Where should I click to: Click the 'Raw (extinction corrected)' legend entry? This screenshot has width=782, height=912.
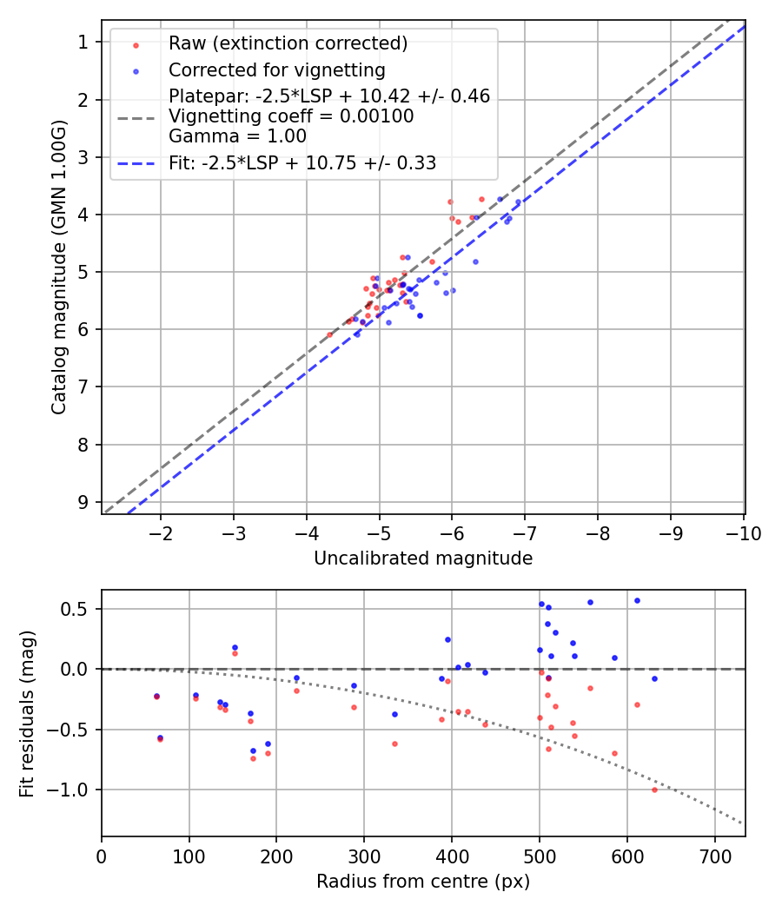pos(288,43)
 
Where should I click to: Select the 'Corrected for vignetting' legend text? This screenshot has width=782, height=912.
pos(276,69)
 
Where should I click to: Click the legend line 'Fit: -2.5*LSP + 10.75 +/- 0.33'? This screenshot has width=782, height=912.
pos(302,162)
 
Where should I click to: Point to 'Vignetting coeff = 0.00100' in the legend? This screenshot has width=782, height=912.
pos(291,116)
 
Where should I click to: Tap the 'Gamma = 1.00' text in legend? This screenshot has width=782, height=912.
pos(237,135)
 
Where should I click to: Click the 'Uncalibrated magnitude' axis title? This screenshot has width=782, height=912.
pos(423,558)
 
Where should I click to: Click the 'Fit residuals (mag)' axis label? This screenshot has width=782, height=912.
pos(27,713)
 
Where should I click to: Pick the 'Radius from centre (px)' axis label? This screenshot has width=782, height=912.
pos(423,882)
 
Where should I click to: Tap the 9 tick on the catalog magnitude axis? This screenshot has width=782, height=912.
pos(83,502)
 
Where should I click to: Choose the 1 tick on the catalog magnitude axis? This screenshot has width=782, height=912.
pos(83,42)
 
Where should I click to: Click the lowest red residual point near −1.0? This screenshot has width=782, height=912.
pos(654,790)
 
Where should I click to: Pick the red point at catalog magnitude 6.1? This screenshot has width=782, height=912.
pos(329,334)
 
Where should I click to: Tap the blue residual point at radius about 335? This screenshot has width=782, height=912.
pos(394,714)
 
